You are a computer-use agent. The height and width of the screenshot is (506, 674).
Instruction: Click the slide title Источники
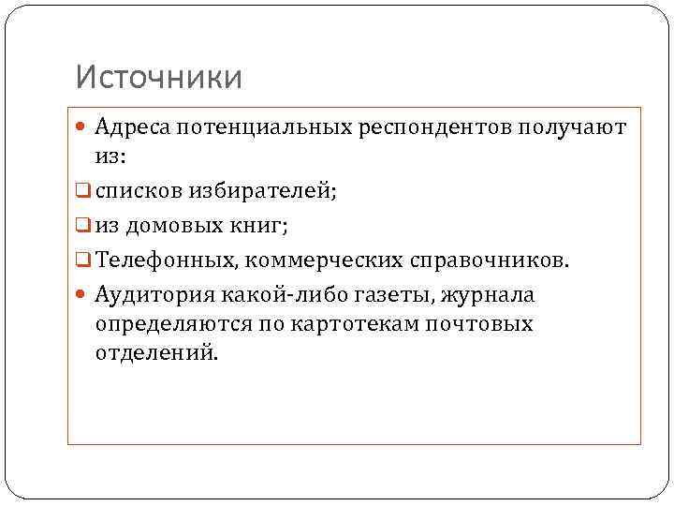tap(158, 77)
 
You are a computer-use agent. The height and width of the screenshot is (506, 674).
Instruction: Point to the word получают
tap(571, 127)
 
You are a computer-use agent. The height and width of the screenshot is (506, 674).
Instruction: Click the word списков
tap(138, 191)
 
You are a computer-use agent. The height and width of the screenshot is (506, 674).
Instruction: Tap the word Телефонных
tap(165, 259)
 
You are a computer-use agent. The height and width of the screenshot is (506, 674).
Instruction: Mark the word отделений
tap(154, 354)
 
